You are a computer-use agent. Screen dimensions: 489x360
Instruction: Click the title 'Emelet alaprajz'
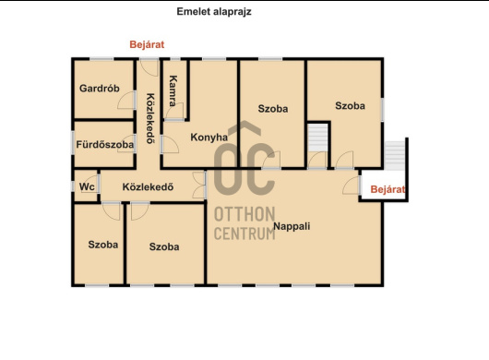click(214, 12)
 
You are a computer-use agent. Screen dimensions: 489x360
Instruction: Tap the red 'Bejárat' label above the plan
click(147, 44)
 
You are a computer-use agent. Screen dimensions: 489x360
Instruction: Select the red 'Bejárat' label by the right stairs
click(388, 189)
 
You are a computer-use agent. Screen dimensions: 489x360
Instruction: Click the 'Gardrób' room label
click(100, 89)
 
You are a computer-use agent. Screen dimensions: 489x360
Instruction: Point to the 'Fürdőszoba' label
click(105, 144)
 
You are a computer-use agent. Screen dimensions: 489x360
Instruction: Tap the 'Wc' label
click(87, 186)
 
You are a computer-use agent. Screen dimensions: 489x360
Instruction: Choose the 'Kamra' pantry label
click(173, 90)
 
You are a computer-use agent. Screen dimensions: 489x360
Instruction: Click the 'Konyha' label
click(209, 138)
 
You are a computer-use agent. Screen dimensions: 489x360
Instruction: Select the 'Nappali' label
click(292, 226)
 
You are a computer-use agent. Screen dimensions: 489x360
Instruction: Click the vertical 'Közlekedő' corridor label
click(150, 118)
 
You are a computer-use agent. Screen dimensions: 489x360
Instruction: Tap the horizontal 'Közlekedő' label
click(148, 186)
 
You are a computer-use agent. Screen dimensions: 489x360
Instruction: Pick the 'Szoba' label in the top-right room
click(350, 106)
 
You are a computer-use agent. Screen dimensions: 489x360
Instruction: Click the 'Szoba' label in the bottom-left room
click(103, 245)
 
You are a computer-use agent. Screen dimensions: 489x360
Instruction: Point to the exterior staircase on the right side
click(394, 155)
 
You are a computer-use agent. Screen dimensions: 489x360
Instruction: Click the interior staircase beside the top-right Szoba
click(317, 138)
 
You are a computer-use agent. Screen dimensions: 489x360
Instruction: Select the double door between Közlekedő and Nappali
click(198, 185)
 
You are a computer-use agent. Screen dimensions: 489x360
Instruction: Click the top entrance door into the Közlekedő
click(149, 67)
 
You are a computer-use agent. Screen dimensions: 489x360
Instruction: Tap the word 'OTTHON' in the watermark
click(244, 214)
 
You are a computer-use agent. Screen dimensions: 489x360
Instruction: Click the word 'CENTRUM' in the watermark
click(244, 234)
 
